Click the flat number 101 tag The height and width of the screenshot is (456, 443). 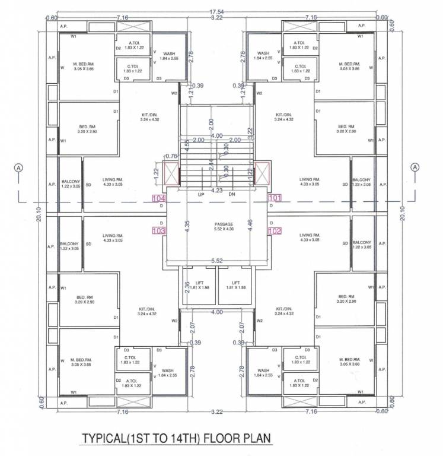click(275, 197)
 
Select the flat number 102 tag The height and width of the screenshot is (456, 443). click(275, 231)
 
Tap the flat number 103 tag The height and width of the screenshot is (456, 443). click(159, 230)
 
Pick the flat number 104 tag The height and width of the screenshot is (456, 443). click(159, 198)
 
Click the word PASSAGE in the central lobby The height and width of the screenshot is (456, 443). click(223, 224)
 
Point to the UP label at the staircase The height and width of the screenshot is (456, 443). click(201, 195)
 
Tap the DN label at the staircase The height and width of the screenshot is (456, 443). click(231, 195)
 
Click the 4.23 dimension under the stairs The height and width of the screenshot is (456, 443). click(217, 191)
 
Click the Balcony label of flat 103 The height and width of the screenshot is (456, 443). click(69, 245)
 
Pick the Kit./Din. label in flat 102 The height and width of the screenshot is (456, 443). click(284, 311)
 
